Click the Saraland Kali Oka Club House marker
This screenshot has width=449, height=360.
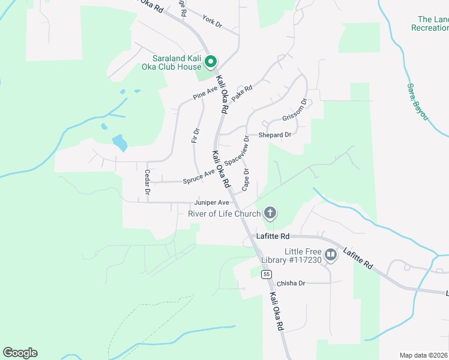coord(211,61)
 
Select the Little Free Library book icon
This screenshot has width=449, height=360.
coord(330,255)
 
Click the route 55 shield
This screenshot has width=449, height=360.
coord(265,274)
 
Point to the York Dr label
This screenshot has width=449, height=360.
coord(212,22)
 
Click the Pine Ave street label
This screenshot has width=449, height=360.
coord(205,92)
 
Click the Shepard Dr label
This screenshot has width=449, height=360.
coord(274,135)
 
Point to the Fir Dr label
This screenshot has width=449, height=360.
coord(195,136)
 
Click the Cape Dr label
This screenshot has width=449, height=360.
coord(246,180)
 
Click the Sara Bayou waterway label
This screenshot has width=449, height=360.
coord(418,103)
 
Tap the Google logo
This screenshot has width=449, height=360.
coord(20,352)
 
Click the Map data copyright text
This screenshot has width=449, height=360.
coord(424,355)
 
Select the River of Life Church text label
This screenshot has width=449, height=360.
coord(224,214)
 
